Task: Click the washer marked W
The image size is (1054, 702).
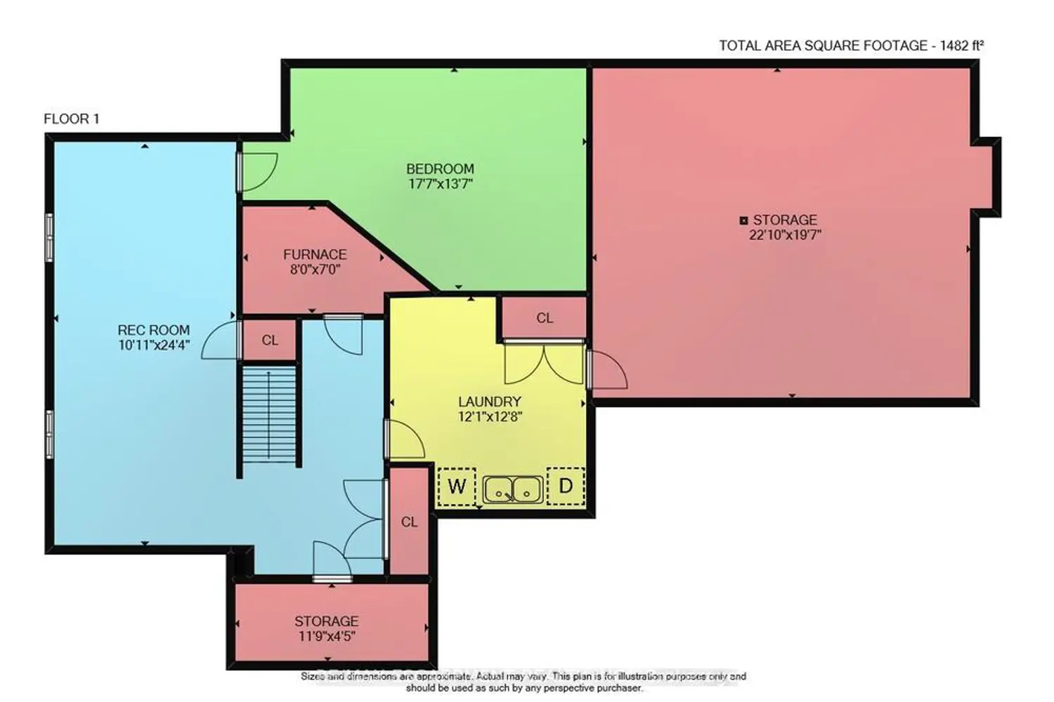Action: click(x=457, y=486)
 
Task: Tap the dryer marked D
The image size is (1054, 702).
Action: click(x=566, y=486)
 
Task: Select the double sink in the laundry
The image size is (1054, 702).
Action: click(x=513, y=489)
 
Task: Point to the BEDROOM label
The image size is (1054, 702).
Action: click(x=440, y=168)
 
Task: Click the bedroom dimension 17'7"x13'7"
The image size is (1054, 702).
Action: click(x=440, y=183)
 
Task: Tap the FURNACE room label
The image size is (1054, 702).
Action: click(x=315, y=255)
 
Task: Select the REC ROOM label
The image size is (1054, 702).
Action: click(x=154, y=330)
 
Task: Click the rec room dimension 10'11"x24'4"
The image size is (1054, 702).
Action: click(x=154, y=345)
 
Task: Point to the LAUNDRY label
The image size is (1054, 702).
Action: click(x=490, y=402)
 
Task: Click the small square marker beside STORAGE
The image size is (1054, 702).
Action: click(x=744, y=220)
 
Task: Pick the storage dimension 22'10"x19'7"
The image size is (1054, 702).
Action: click(x=785, y=234)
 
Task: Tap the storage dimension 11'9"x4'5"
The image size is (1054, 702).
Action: click(x=327, y=636)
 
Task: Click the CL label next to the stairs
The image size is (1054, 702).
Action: click(x=270, y=340)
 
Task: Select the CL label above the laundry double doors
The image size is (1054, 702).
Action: click(x=545, y=318)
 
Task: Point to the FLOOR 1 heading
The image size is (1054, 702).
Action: click(x=72, y=119)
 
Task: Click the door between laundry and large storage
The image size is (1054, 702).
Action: click(x=608, y=369)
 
